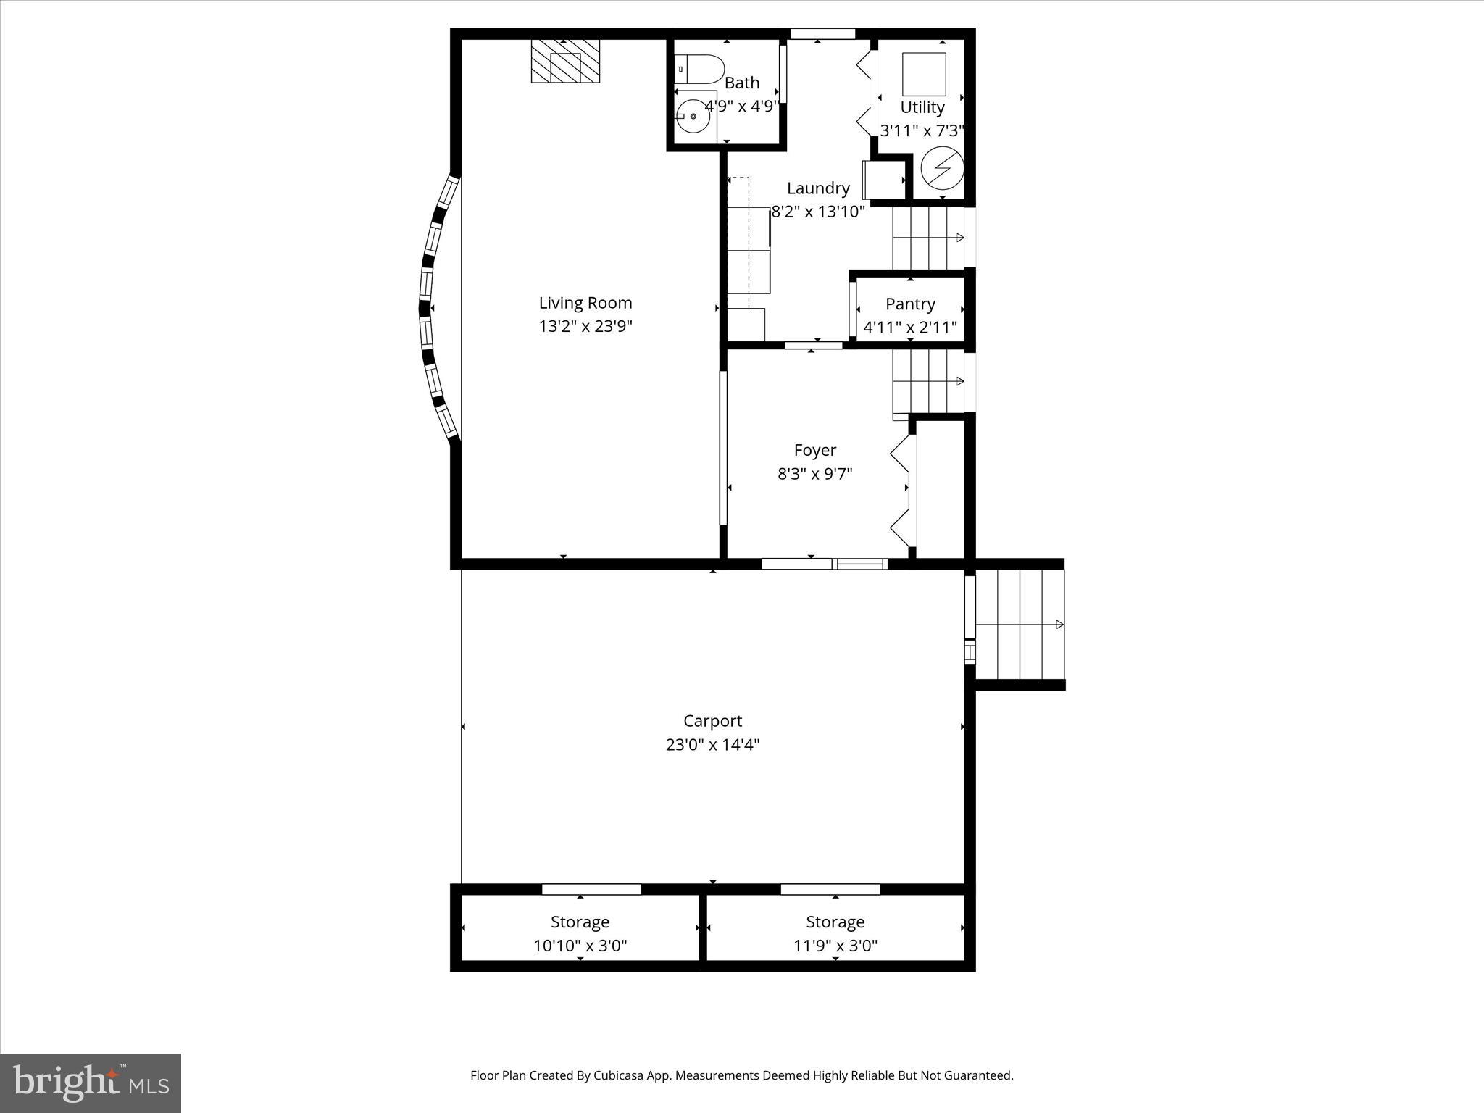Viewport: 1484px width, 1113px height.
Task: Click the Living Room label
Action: click(x=585, y=303)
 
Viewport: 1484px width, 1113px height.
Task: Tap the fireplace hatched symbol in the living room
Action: click(x=565, y=61)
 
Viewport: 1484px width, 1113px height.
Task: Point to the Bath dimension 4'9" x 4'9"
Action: click(x=742, y=106)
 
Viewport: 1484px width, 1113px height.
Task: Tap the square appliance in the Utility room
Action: click(x=924, y=74)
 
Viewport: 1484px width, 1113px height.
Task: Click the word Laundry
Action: click(x=818, y=188)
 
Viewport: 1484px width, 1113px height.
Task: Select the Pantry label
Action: click(x=910, y=304)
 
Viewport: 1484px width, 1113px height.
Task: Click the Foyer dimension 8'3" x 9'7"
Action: click(x=814, y=474)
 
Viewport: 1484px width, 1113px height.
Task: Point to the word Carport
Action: click(x=712, y=721)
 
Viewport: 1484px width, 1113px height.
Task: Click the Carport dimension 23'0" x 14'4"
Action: click(x=712, y=744)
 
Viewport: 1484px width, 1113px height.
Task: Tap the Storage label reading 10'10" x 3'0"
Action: click(x=580, y=945)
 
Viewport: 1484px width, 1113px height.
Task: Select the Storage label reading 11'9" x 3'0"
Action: click(x=835, y=945)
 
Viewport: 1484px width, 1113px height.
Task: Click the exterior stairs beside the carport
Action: click(x=1019, y=625)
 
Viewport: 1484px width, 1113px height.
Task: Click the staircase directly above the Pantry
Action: click(x=927, y=238)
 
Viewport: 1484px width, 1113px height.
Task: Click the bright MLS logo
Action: click(x=91, y=1083)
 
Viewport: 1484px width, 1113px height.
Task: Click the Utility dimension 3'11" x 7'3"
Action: click(x=922, y=130)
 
